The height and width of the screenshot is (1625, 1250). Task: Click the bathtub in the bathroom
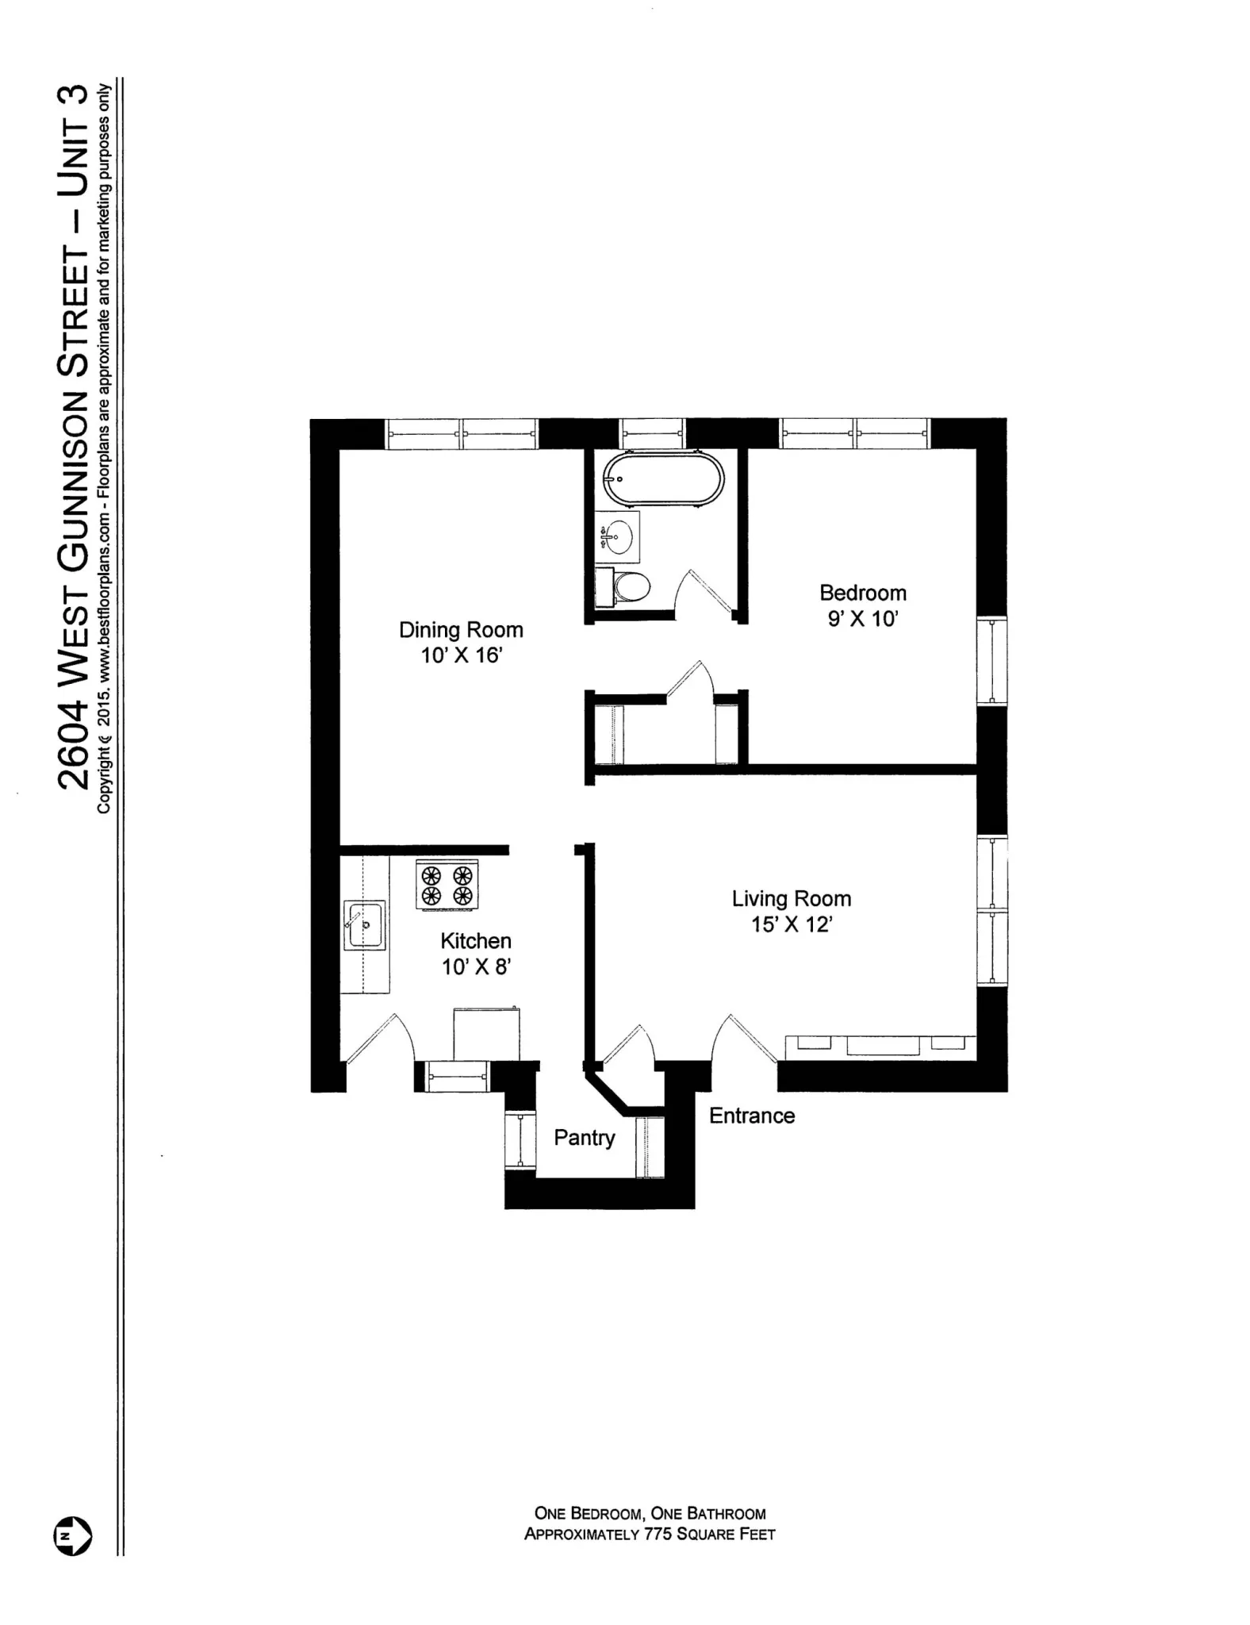[x=663, y=478]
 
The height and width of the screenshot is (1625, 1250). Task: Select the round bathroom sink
[x=617, y=537]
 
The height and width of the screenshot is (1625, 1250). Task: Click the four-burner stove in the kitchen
[x=447, y=885]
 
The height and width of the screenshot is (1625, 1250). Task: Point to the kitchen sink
[x=364, y=924]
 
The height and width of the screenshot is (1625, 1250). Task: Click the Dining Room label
[x=461, y=630]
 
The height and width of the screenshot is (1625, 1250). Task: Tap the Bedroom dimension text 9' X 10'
[x=862, y=619]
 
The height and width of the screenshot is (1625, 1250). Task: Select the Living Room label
[x=791, y=899]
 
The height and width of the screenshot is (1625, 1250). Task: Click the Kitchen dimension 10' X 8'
[x=476, y=966]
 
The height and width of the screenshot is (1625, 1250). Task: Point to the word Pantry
[x=584, y=1138]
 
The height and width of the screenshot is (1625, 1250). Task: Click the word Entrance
[x=751, y=1116]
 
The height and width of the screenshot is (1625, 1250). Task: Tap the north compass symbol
[x=72, y=1536]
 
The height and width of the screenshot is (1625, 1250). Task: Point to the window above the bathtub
[x=651, y=434]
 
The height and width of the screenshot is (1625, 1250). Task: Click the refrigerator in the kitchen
[x=486, y=1034]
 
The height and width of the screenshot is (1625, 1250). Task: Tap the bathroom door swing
[x=704, y=597]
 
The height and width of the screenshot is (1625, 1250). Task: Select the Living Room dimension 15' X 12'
[x=791, y=924]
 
